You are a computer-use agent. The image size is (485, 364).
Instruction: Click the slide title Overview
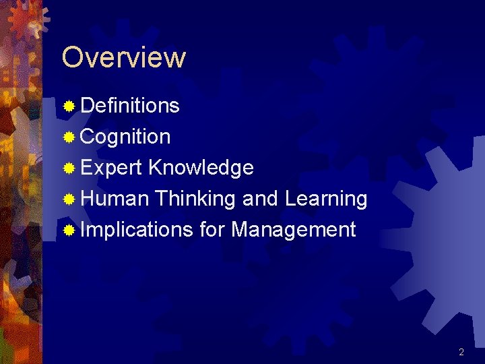click(123, 58)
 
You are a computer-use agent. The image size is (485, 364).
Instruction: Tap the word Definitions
click(130, 106)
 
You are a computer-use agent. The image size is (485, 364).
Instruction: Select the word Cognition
click(125, 137)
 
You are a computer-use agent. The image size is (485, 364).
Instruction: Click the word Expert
click(111, 168)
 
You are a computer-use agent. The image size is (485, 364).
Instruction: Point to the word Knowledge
click(201, 168)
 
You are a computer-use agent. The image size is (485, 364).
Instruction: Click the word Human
click(114, 199)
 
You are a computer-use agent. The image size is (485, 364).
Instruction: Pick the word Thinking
click(195, 199)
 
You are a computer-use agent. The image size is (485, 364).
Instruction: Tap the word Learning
click(326, 199)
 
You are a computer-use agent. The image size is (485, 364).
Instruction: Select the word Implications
click(137, 230)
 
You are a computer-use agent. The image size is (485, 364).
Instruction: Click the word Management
click(293, 230)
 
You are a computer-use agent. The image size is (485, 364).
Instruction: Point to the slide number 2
click(461, 352)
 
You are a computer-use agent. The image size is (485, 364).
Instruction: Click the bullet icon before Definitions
click(69, 107)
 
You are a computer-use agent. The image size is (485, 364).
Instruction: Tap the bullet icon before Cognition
click(69, 138)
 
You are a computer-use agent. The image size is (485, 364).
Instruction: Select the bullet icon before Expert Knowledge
click(69, 169)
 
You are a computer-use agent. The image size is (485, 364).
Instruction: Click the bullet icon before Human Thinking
click(69, 200)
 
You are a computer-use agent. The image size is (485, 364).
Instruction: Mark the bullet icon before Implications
click(69, 231)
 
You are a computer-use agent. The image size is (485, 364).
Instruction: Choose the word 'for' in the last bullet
click(212, 230)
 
